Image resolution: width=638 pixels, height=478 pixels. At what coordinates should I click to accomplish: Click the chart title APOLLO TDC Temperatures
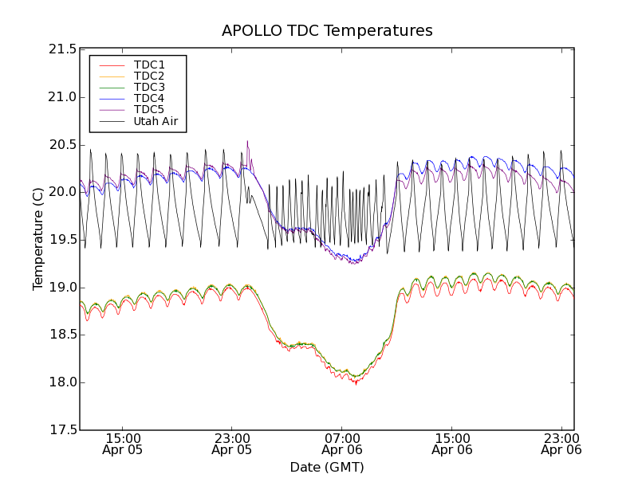(327, 31)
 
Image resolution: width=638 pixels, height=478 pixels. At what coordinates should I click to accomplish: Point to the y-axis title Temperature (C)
(38, 239)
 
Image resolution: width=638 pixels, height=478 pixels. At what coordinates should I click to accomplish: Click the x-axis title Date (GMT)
(327, 467)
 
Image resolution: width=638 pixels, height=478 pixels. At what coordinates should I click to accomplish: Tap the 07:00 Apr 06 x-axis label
(342, 444)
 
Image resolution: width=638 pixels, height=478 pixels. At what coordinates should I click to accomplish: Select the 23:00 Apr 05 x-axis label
(232, 444)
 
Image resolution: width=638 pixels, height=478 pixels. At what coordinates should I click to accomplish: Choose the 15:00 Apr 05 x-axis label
(123, 444)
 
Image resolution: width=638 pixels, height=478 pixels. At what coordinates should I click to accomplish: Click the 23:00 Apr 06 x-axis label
(561, 444)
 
